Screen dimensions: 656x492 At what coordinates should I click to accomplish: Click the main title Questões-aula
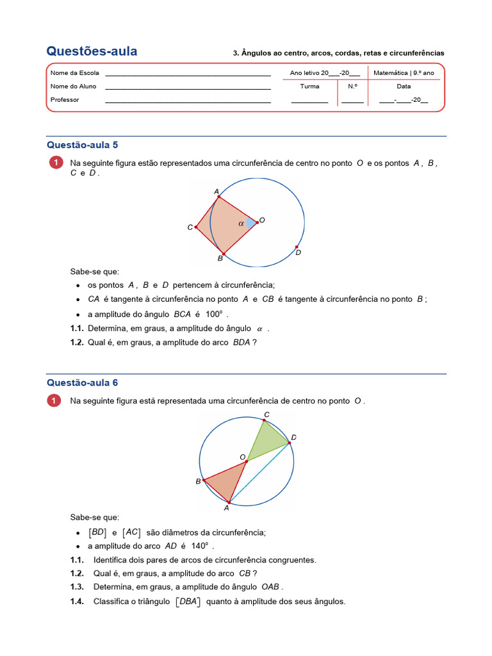pos(92,52)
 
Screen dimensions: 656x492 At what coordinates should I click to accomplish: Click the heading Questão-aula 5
pos(82,145)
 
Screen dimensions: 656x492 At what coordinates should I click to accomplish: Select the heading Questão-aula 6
pos(82,382)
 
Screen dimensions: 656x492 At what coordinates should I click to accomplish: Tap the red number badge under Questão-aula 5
pos(56,163)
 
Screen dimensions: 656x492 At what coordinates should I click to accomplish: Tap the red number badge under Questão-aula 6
pos(56,401)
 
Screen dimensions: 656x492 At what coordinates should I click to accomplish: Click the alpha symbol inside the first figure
pos(241,224)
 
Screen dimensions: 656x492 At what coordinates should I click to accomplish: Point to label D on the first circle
pos(298,253)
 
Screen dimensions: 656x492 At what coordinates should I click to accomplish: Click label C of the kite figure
pos(190,227)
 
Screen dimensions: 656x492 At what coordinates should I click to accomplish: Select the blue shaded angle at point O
pos(250,223)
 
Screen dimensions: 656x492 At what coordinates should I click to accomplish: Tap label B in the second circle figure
pos(198,481)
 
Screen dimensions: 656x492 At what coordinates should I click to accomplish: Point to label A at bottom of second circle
pos(226,508)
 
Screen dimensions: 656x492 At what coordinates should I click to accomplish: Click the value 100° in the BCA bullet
pos(214,314)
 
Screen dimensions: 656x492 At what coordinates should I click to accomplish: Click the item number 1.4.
pos(77,602)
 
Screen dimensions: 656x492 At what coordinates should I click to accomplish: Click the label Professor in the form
pos(65,100)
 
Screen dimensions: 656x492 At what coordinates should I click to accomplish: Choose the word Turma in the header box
pos(309,86)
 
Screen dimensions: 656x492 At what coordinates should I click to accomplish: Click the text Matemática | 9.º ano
pos(403,73)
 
